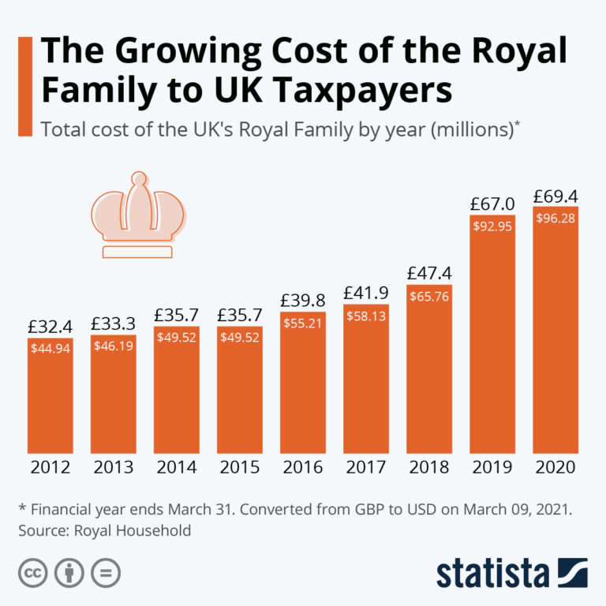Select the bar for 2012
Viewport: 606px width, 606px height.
click(x=50, y=395)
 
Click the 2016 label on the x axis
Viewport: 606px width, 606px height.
click(x=303, y=466)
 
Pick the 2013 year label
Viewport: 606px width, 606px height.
click(x=114, y=466)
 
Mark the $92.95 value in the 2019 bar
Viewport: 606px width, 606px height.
click(x=492, y=226)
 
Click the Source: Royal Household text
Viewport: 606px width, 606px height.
click(x=105, y=530)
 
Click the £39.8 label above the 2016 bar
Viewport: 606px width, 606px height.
click(x=303, y=301)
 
